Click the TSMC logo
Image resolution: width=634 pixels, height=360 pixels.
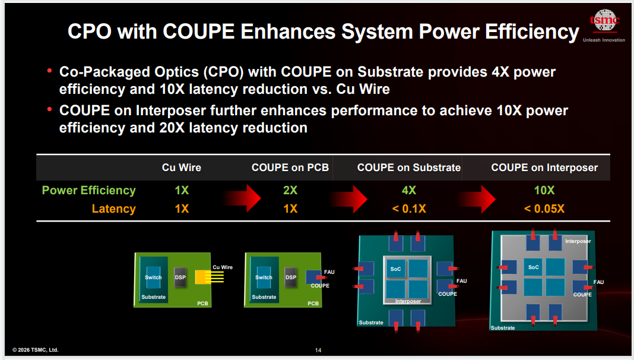604,21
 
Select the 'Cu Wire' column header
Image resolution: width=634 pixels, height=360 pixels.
182,168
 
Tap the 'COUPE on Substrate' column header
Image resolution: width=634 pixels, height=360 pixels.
409,168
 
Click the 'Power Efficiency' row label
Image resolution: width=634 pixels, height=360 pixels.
88,191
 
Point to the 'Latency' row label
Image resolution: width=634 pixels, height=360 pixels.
113,209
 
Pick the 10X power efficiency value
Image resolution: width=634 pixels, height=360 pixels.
544,191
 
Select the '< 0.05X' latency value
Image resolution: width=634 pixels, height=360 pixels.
544,209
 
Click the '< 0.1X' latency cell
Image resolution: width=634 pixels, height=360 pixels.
409,209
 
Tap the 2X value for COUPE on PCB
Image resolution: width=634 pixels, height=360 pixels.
290,191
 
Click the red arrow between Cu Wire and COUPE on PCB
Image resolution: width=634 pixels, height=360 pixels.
242,198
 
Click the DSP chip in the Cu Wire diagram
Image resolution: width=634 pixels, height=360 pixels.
180,277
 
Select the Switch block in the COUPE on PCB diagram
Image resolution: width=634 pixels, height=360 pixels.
264,277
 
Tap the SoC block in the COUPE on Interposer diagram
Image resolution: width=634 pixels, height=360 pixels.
533,267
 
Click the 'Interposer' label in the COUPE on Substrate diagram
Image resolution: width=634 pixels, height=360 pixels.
408,301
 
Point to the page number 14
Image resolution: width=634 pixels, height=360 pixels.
318,350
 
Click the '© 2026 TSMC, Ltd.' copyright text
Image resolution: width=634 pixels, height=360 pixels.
36,350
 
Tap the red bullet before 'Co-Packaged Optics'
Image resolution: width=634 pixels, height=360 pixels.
49,71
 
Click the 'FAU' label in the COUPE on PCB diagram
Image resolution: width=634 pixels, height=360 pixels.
329,272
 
